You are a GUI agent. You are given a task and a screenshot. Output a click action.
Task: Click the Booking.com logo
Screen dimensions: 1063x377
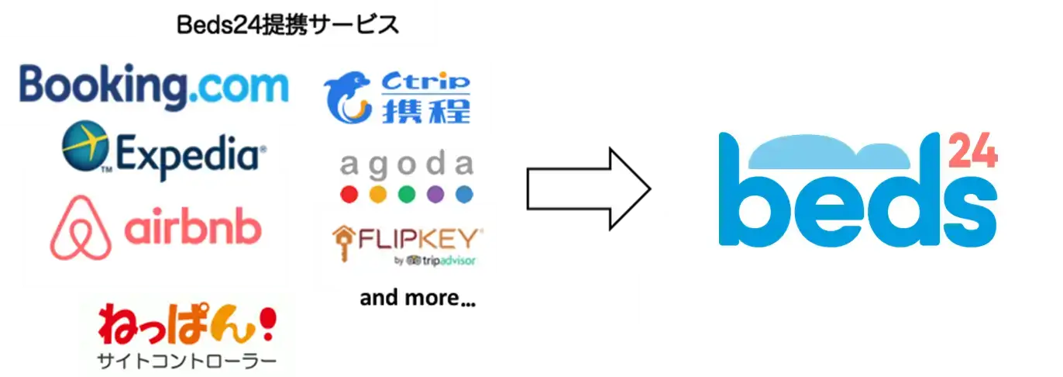[x=153, y=86]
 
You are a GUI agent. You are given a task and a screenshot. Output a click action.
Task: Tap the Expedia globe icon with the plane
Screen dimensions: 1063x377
[x=86, y=146]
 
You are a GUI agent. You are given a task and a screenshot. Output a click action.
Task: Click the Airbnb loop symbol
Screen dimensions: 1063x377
[x=81, y=228]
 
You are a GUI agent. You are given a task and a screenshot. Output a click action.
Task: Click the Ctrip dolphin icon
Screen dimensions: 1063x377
[x=347, y=97]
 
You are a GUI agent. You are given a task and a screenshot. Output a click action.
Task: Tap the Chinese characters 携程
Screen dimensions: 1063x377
[x=426, y=111]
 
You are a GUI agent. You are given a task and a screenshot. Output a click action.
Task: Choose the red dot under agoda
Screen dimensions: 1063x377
[x=349, y=195]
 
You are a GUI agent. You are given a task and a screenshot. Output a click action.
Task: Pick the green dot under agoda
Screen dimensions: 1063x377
[x=407, y=195]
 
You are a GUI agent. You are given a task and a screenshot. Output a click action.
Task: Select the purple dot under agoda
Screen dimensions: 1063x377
[x=435, y=195]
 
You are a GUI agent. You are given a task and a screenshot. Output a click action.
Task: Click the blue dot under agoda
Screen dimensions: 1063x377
[x=464, y=195]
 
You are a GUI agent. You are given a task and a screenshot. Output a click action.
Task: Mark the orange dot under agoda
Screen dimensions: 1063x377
[x=378, y=195]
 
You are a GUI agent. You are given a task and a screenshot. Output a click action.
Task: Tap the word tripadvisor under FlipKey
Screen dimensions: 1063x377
[x=449, y=261]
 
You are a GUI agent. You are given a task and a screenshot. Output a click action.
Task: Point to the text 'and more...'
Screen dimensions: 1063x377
[x=418, y=298]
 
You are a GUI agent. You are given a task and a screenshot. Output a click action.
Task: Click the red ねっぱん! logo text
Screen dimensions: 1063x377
[x=187, y=325]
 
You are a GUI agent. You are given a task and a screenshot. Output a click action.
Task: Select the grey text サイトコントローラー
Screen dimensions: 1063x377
[x=187, y=361]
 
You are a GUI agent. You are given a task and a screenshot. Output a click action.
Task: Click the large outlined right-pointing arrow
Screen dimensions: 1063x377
[x=589, y=188]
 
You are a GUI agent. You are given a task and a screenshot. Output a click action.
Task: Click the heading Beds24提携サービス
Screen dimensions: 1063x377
[x=287, y=25]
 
